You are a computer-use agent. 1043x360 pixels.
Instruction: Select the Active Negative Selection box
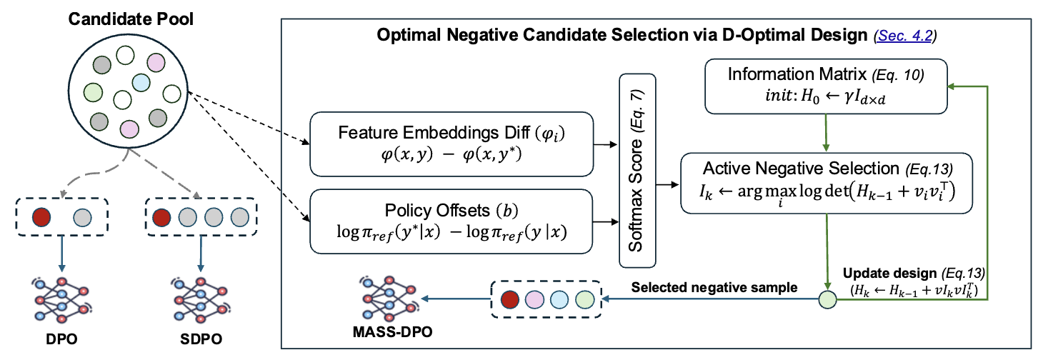(x=827, y=182)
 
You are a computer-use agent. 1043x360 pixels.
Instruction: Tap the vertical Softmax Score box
(x=637, y=182)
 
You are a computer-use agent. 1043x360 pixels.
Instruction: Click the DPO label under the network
(x=61, y=336)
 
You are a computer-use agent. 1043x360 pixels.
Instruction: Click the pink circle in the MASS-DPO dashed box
(x=535, y=299)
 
